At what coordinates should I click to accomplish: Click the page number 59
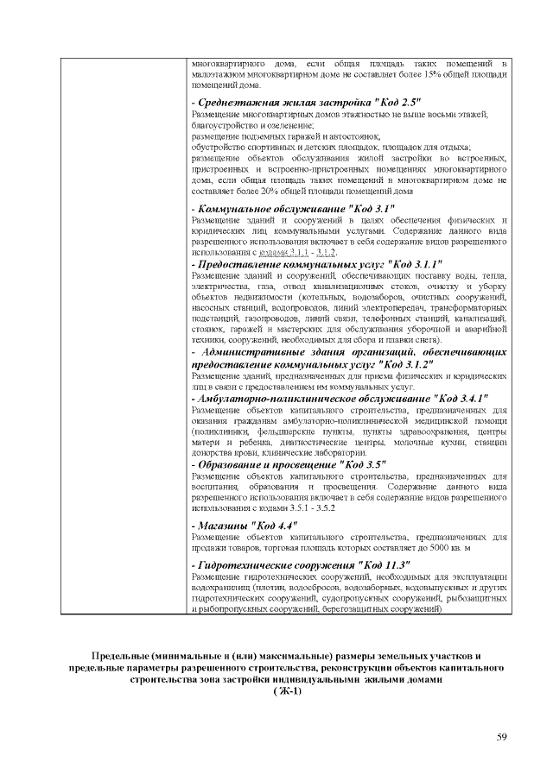point(501,735)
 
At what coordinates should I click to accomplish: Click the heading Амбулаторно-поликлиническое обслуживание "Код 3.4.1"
point(340,399)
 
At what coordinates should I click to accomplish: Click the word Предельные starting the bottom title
point(122,656)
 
